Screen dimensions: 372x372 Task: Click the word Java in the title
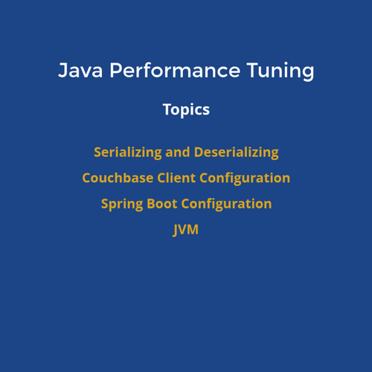(x=80, y=70)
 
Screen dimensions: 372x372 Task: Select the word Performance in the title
(x=175, y=70)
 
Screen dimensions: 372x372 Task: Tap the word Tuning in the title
(x=280, y=71)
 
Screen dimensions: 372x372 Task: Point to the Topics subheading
(x=186, y=109)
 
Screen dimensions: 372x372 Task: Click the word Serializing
(x=128, y=153)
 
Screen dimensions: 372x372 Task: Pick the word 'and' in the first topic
(x=178, y=152)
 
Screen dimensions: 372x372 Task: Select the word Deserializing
(x=237, y=153)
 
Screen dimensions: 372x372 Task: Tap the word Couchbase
(x=118, y=178)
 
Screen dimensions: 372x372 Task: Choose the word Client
(x=176, y=178)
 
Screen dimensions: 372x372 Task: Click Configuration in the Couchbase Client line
(x=245, y=179)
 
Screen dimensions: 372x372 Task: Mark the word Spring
(x=122, y=205)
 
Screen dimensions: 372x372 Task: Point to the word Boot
(x=162, y=204)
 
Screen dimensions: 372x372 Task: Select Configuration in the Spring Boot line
(x=226, y=205)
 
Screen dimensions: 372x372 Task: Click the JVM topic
(x=186, y=230)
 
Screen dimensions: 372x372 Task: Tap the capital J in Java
(x=62, y=70)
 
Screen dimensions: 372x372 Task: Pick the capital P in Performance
(x=116, y=70)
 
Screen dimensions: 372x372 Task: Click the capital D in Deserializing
(x=199, y=152)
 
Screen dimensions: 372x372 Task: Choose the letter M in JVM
(x=192, y=229)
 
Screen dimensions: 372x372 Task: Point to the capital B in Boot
(x=151, y=204)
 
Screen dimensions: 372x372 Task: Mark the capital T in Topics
(x=167, y=109)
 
